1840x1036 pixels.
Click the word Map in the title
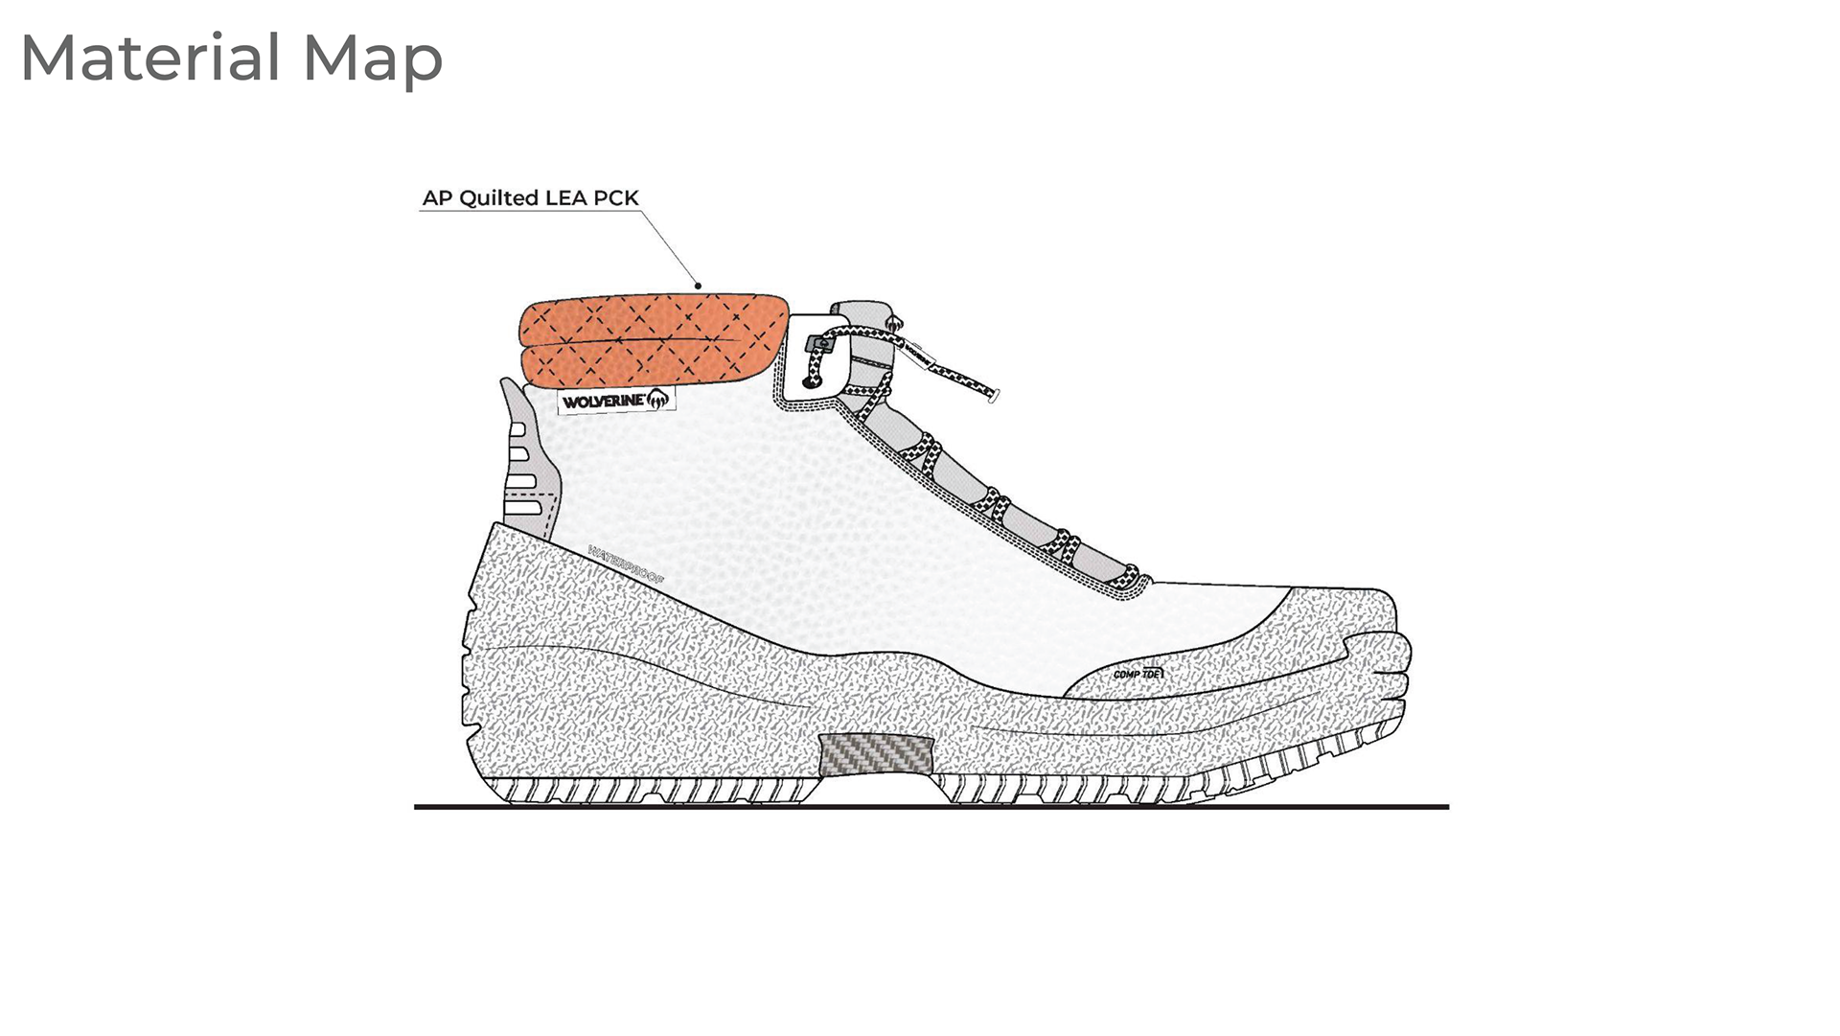click(373, 59)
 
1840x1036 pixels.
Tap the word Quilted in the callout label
click(498, 197)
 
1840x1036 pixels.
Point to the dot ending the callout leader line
click(699, 285)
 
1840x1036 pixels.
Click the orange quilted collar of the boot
click(652, 341)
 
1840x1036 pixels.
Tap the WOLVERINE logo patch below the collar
click(615, 401)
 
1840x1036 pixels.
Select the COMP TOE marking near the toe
click(1138, 674)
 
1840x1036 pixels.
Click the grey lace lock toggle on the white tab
click(821, 342)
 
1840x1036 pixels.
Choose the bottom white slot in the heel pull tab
click(522, 506)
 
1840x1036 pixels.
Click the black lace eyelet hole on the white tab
click(807, 381)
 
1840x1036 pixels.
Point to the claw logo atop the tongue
click(893, 324)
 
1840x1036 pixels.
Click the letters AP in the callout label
click(437, 197)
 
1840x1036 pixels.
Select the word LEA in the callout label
click(564, 197)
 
